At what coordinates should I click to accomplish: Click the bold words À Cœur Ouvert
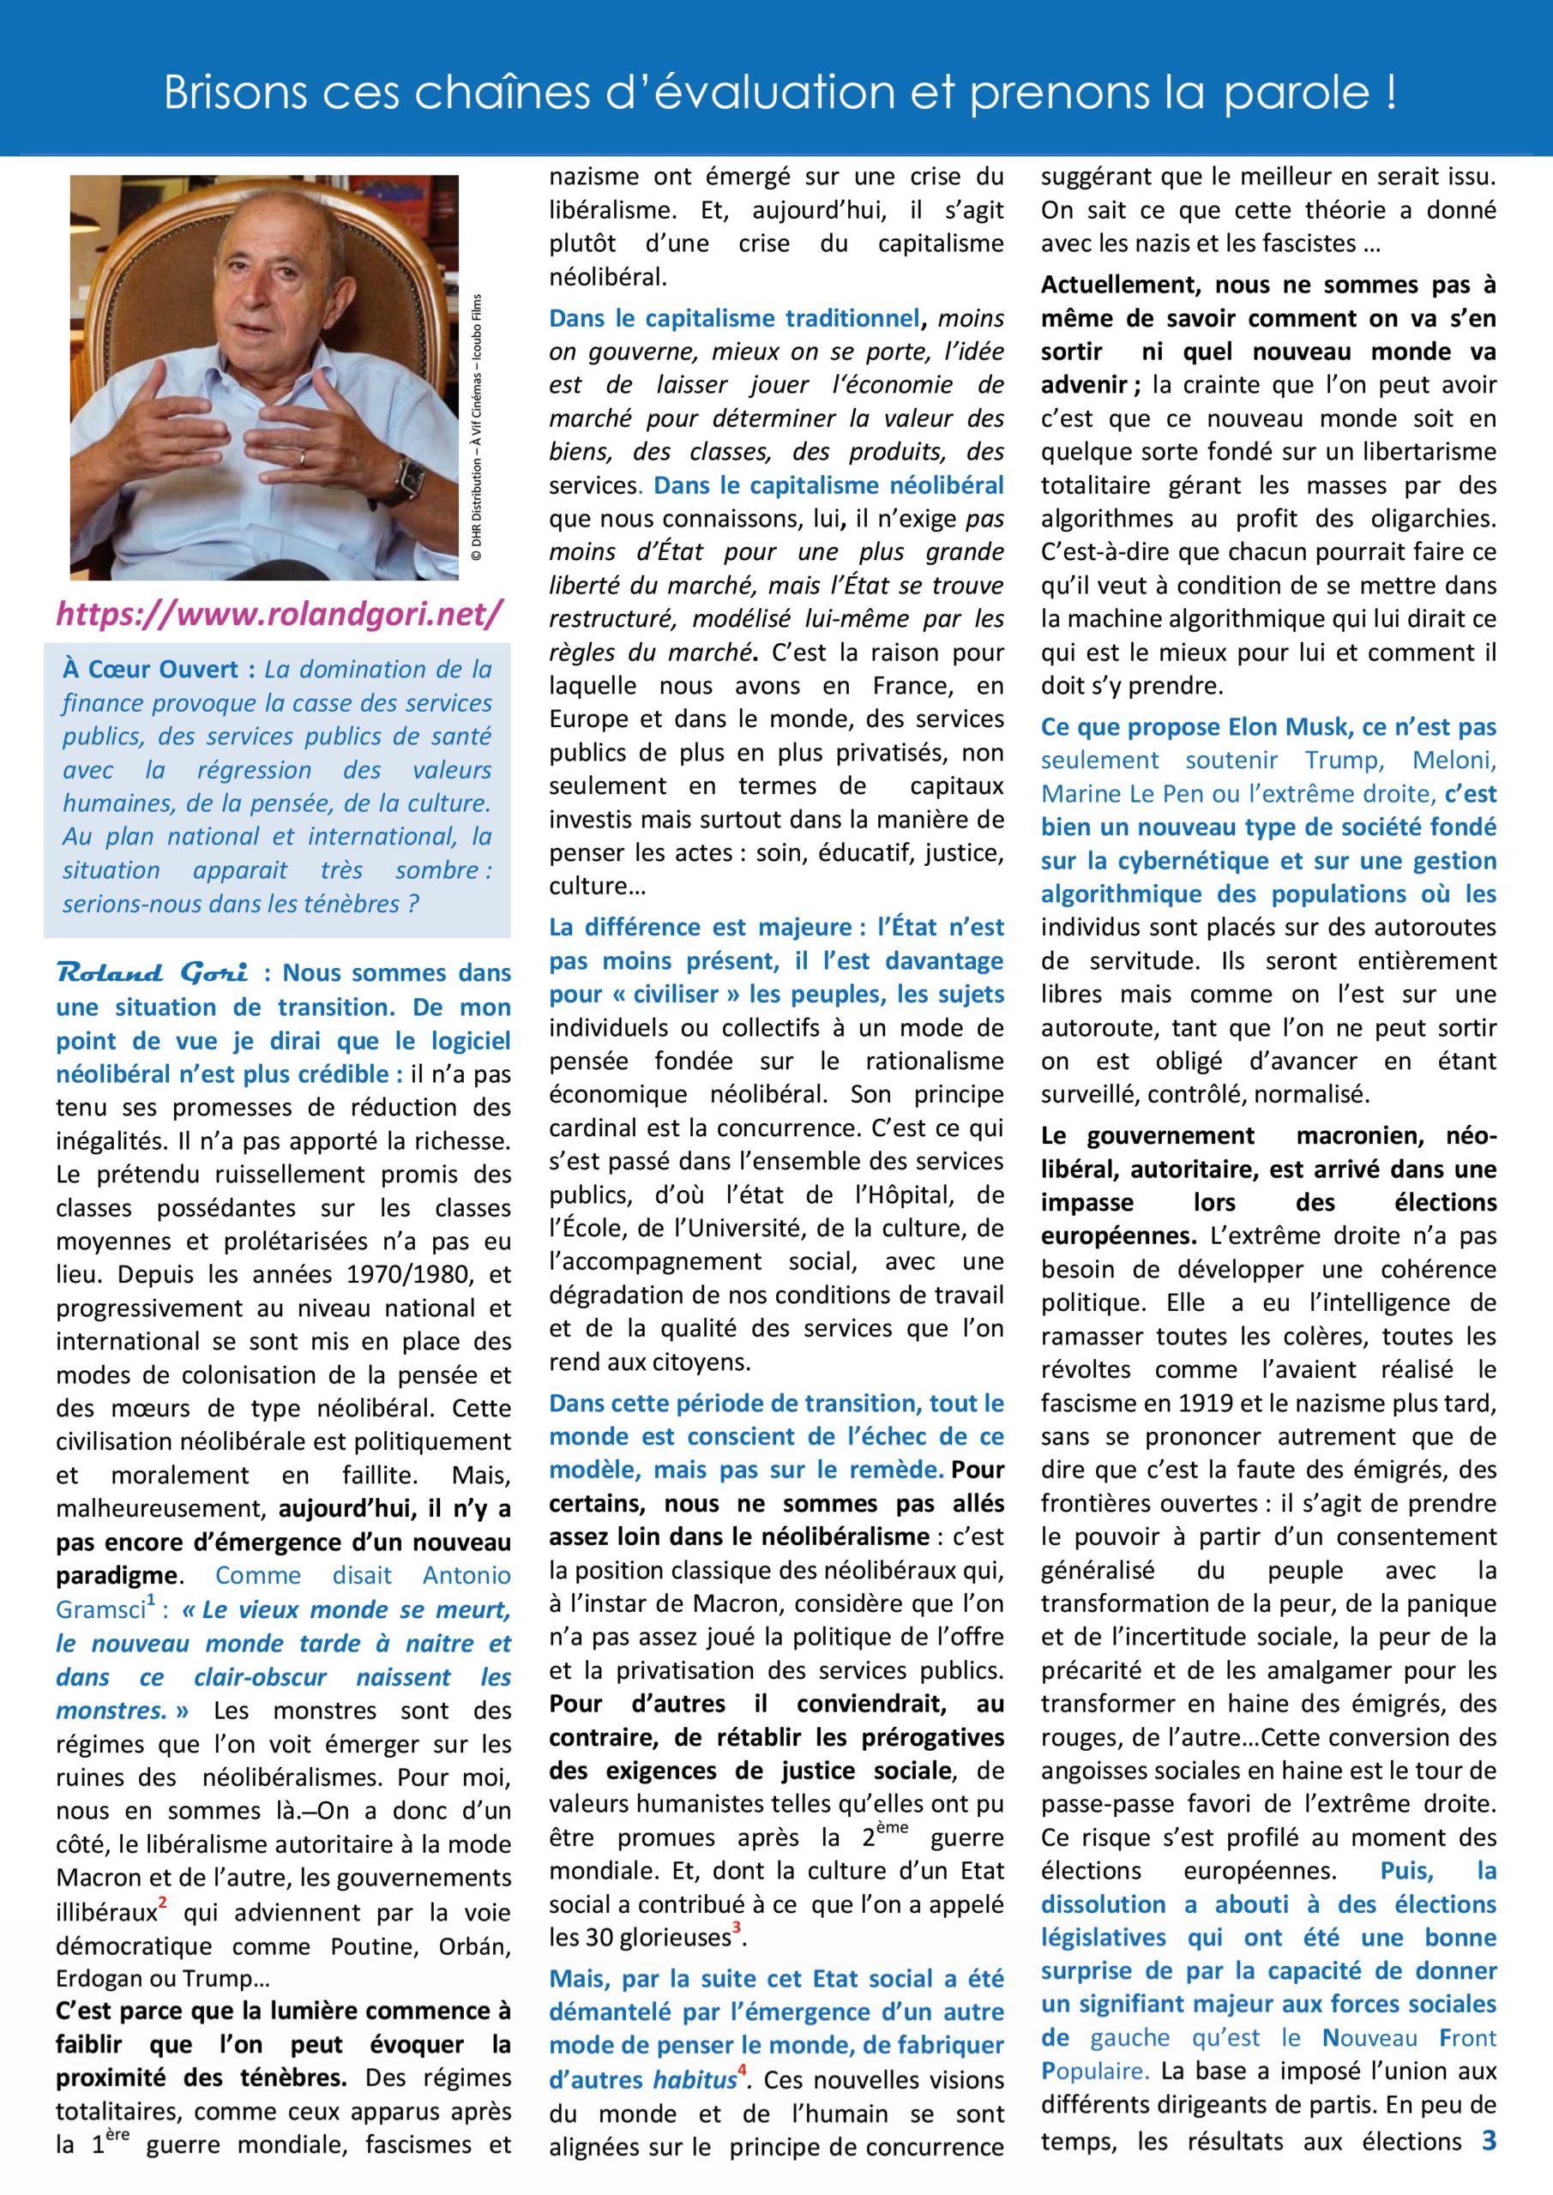[159, 669]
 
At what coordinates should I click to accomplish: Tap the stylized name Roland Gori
[153, 973]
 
